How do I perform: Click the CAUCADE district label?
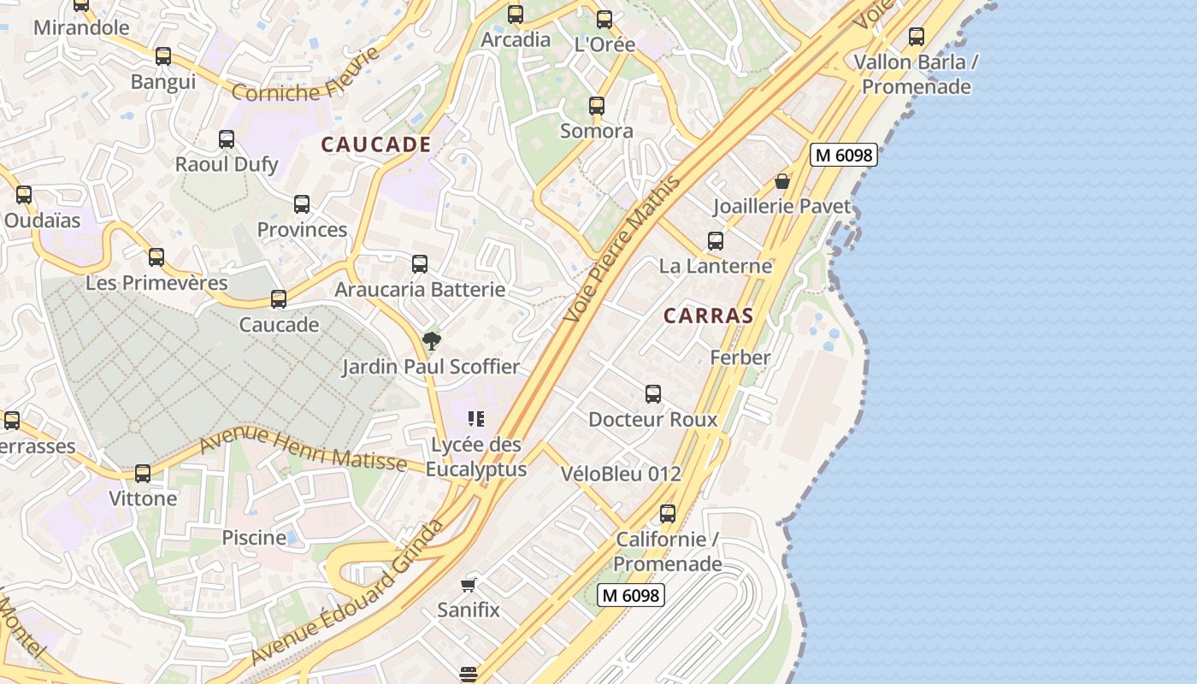(375, 144)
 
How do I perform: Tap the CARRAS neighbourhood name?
(708, 315)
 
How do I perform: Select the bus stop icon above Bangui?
(163, 56)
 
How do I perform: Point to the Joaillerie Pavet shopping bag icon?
(781, 181)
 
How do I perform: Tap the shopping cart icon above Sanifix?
(468, 585)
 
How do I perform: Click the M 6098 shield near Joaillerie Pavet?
(843, 155)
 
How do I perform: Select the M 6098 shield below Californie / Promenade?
(631, 595)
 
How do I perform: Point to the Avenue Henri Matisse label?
(303, 451)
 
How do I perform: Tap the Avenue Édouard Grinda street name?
(348, 592)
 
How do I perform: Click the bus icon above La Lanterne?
(716, 241)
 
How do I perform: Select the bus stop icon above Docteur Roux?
(653, 394)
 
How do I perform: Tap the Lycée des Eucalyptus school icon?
(476, 419)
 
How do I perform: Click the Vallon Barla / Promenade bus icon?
(917, 37)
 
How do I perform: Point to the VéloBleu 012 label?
(621, 474)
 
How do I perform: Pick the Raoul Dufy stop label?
(227, 164)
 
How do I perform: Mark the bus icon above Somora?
(597, 106)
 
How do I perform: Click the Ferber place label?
(740, 357)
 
